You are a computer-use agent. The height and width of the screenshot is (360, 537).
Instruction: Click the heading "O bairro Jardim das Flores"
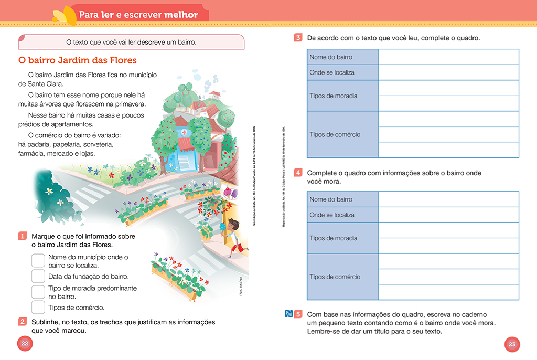(77, 60)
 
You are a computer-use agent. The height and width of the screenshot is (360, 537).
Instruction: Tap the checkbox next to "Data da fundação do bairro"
(38, 276)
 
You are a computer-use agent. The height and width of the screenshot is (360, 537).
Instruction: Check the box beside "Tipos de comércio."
(38, 308)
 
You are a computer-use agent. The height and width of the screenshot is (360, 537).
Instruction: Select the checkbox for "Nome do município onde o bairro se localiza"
(38, 261)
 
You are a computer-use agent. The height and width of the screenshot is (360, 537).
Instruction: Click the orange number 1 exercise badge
(23, 236)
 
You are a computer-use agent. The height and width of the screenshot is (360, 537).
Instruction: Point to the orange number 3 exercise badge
(298, 38)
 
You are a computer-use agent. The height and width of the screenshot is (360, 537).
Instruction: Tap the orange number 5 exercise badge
(298, 314)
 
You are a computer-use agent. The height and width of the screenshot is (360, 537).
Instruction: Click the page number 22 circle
(25, 344)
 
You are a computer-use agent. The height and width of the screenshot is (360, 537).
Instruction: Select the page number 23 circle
(512, 344)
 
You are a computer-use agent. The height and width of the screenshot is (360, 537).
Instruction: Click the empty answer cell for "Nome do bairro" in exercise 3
(448, 57)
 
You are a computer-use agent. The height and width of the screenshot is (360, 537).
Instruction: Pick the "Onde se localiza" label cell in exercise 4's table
(342, 215)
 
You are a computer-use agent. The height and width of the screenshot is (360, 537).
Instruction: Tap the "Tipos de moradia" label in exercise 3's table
(342, 96)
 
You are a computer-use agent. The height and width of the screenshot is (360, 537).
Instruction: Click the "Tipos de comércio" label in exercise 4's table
(342, 277)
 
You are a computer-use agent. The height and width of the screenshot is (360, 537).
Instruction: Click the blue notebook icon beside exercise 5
(288, 314)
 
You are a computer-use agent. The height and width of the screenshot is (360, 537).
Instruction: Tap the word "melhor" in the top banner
(181, 15)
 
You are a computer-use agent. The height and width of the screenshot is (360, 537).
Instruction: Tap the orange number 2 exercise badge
(23, 322)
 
